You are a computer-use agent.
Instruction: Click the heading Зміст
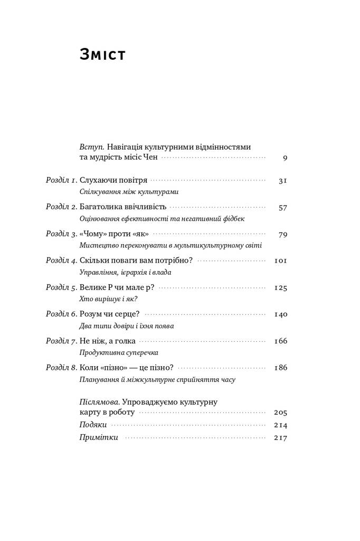point(102,54)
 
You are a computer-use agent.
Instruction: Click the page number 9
point(285,157)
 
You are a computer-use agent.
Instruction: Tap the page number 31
point(282,180)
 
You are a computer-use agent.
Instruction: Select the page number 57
point(282,207)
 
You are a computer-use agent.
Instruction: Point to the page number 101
point(281,260)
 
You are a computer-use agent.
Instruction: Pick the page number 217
point(281,437)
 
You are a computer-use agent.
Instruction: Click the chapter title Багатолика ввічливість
point(123,207)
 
